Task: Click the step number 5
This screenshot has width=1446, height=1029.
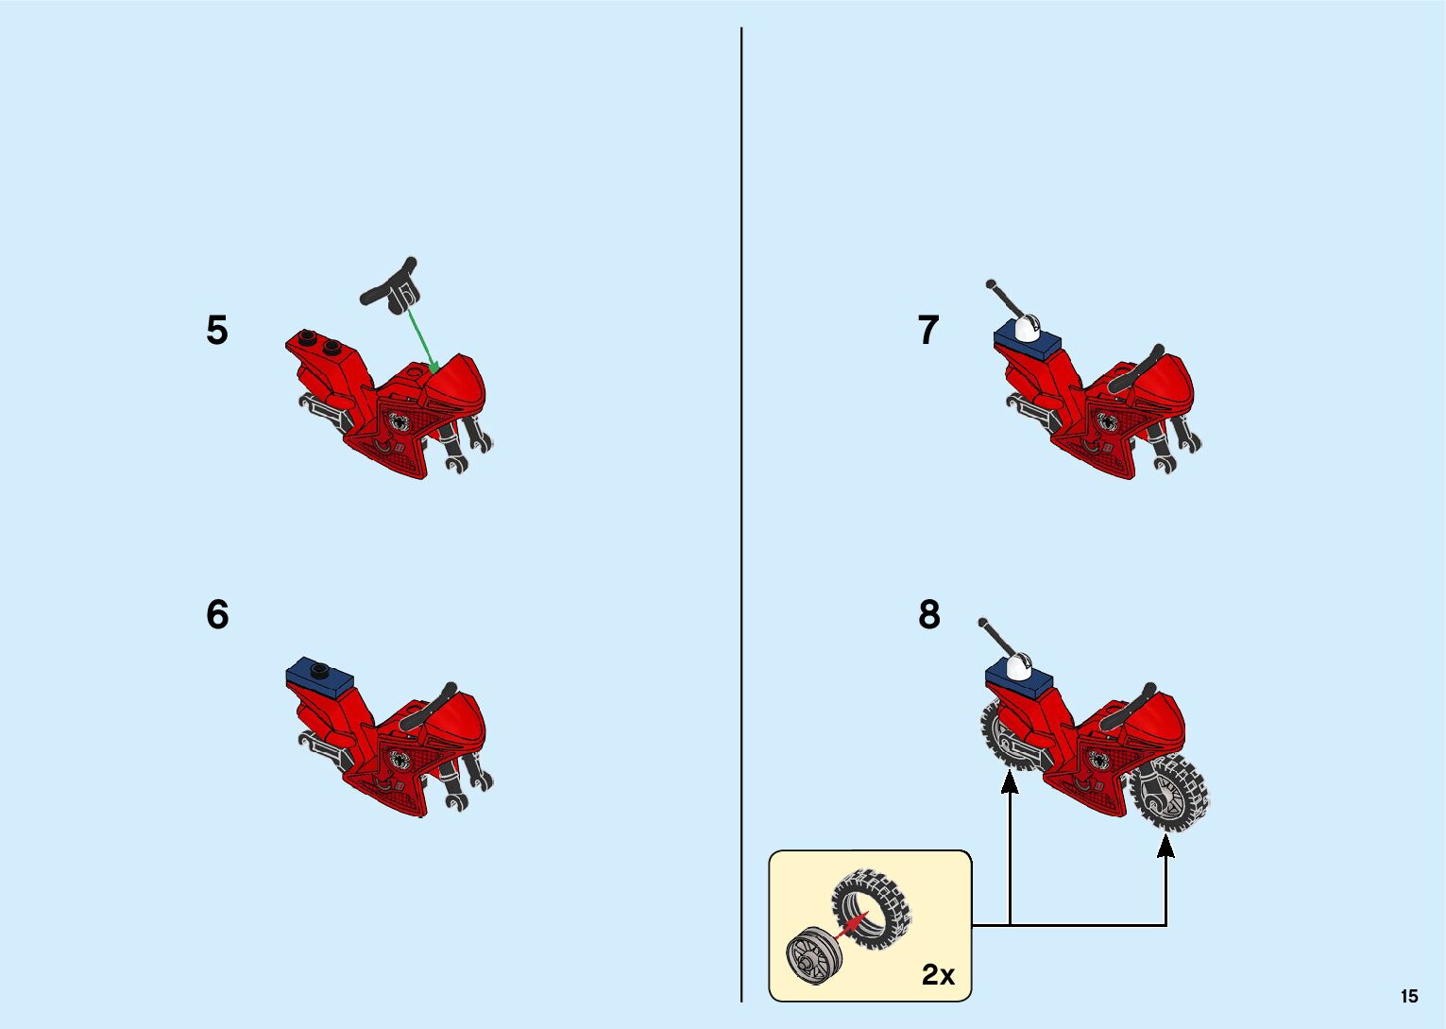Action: tap(217, 331)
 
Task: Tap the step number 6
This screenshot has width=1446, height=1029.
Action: tap(217, 615)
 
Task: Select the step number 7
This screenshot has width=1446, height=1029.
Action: tap(928, 331)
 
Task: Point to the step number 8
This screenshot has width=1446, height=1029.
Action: tap(929, 615)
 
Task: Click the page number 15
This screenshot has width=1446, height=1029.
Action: tap(1409, 996)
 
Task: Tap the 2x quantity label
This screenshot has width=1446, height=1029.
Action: tap(938, 974)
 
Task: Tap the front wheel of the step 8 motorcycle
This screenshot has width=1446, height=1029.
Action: tap(1171, 794)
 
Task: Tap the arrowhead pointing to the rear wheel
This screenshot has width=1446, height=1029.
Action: tap(1010, 781)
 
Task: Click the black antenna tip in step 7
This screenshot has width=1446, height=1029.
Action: tap(991, 283)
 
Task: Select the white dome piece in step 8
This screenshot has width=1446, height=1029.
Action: tap(1019, 665)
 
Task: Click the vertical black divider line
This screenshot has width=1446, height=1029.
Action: tap(741, 510)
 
